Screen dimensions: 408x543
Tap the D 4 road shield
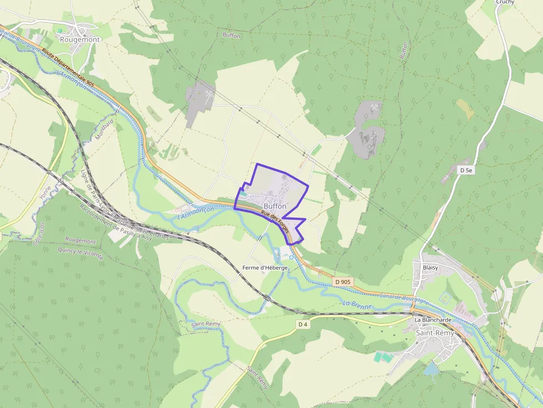click(x=303, y=324)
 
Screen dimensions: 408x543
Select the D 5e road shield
click(x=466, y=171)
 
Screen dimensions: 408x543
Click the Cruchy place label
click(x=505, y=2)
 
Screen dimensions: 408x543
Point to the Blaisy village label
click(x=430, y=267)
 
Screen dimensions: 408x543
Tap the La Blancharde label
click(x=433, y=320)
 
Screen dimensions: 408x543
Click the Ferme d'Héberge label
click(x=265, y=268)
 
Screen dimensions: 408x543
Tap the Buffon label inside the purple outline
click(x=275, y=206)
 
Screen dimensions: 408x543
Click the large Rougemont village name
click(x=80, y=39)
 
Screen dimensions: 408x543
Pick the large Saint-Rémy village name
click(x=435, y=333)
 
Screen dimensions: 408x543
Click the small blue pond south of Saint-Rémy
click(x=430, y=369)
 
